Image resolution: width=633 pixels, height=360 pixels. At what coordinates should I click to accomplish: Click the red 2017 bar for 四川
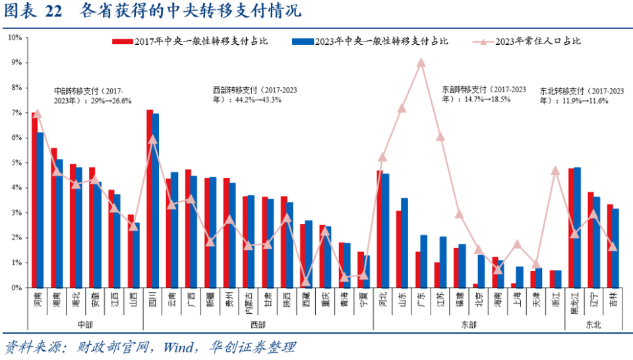pyautogui.click(x=150, y=198)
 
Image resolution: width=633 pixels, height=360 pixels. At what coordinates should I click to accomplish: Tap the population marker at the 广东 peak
pyautogui.click(x=421, y=63)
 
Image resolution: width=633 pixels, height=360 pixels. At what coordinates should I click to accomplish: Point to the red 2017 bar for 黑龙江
pyautogui.click(x=572, y=227)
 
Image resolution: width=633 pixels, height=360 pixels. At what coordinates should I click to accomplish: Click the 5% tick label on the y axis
pyautogui.click(x=15, y=162)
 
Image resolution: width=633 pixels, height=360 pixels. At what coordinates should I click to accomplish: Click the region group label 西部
pyautogui.click(x=258, y=324)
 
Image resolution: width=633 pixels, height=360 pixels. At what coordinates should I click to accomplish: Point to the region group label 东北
pyautogui.click(x=593, y=324)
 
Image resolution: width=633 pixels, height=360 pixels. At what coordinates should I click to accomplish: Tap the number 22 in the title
pyautogui.click(x=53, y=11)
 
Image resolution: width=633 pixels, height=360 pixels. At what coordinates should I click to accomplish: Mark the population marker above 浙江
pyautogui.click(x=555, y=171)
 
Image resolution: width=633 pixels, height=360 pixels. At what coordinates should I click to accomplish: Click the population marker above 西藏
pyautogui.click(x=306, y=282)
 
